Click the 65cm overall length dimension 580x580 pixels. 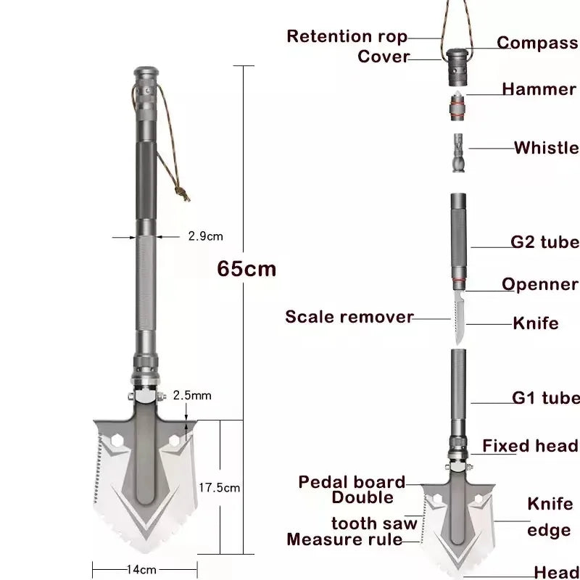[246, 268]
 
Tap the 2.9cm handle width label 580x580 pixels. [206, 236]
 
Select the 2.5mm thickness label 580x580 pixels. [192, 395]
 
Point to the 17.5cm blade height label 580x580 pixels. [220, 487]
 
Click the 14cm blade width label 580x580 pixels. [141, 569]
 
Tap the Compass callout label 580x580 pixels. [537, 43]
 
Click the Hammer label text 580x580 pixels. [539, 89]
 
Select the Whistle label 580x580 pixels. [547, 148]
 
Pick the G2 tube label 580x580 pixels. [545, 242]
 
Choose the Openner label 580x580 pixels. [539, 284]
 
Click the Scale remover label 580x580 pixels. [349, 317]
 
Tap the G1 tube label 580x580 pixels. [546, 397]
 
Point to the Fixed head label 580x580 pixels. [530, 446]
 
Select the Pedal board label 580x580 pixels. [352, 482]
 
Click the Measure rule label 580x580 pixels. [344, 539]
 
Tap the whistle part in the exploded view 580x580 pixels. [458, 153]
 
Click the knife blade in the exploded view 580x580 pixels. [459, 318]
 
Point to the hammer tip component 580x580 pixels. [457, 106]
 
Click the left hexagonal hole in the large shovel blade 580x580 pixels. [117, 441]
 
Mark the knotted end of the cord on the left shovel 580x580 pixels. [183, 194]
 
